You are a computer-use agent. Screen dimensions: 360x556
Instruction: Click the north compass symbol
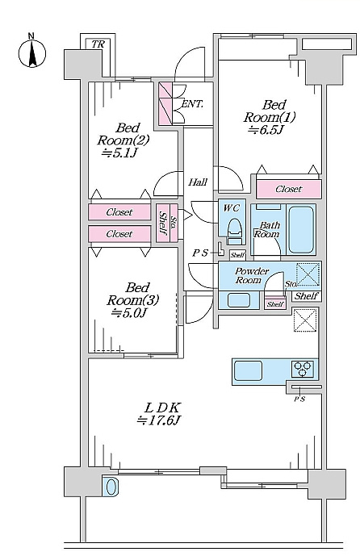pyautogui.click(x=32, y=54)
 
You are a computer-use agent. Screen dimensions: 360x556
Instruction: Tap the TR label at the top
pyautogui.click(x=98, y=44)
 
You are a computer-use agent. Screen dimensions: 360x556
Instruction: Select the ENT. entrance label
pyautogui.click(x=192, y=104)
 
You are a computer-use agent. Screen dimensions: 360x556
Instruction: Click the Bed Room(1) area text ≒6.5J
pyautogui.click(x=266, y=130)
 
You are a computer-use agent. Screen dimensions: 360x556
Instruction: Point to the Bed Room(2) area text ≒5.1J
pyautogui.click(x=120, y=153)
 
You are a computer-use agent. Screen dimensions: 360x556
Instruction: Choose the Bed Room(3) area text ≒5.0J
pyautogui.click(x=129, y=313)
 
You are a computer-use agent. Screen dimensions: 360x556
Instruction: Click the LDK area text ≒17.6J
pyautogui.click(x=159, y=420)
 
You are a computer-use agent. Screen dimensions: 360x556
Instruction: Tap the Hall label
pyautogui.click(x=198, y=182)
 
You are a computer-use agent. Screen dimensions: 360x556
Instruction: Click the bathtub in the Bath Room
pyautogui.click(x=301, y=230)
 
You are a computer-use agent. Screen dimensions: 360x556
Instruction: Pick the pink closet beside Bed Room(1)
pyautogui.click(x=289, y=189)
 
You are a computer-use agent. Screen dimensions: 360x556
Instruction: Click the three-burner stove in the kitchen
pyautogui.click(x=303, y=369)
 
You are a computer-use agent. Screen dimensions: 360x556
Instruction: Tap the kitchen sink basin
pyautogui.click(x=249, y=370)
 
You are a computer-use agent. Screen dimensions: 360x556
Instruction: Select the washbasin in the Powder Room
pyautogui.click(x=239, y=300)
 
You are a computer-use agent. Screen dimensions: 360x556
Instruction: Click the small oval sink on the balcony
pyautogui.click(x=111, y=486)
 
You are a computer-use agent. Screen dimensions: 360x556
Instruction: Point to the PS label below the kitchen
pyautogui.click(x=299, y=399)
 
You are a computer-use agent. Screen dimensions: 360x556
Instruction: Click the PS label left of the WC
pyautogui.click(x=200, y=253)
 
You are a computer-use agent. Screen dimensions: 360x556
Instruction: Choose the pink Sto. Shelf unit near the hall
pyautogui.click(x=167, y=223)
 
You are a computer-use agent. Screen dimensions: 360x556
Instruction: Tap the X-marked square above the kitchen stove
pyautogui.click(x=305, y=320)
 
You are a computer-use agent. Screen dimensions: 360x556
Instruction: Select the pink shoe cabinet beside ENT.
pyautogui.click(x=165, y=103)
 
